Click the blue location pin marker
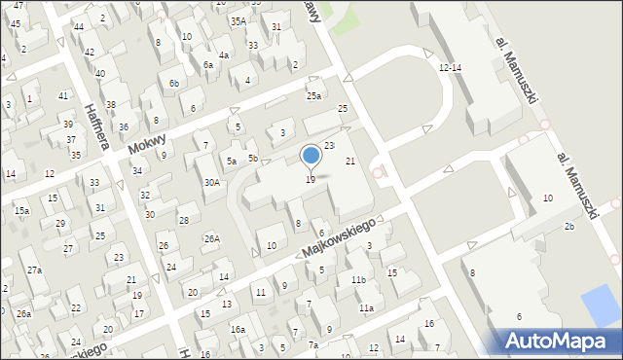311,155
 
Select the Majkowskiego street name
339,238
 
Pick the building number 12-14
450,68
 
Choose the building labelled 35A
238,20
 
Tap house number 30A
211,183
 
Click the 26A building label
211,238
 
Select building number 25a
313,95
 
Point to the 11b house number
358,280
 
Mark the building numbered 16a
237,330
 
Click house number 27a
34,270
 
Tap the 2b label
569,227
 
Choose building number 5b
252,158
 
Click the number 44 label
78,26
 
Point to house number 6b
173,84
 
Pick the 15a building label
21,210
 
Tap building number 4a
223,55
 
